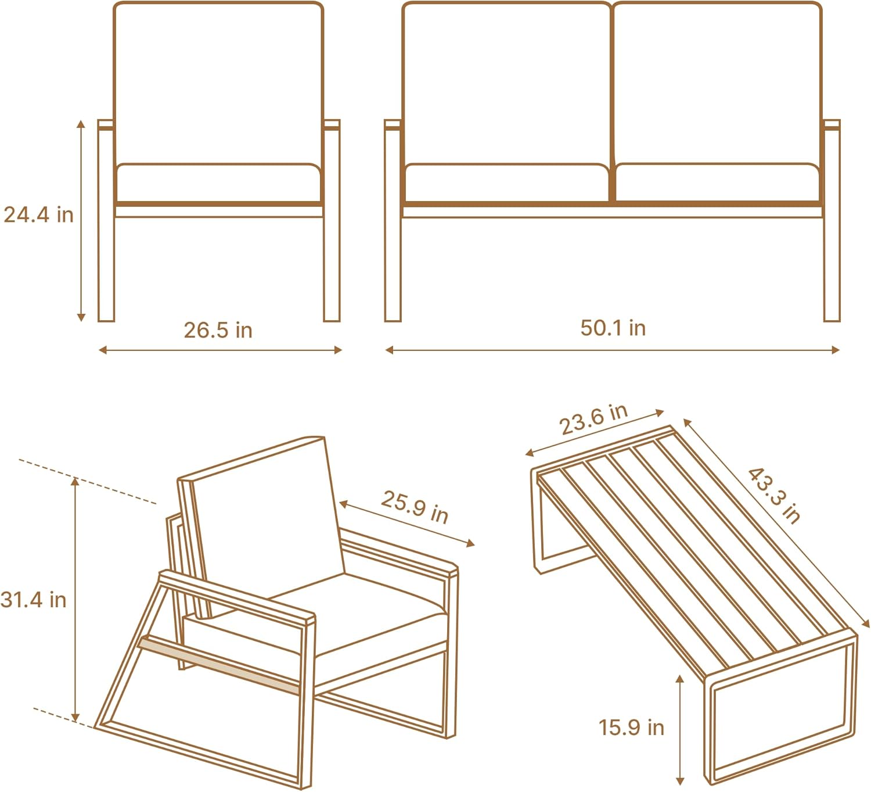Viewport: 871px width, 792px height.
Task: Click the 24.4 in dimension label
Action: pos(39,215)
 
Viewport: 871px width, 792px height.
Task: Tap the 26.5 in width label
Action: pos(218,330)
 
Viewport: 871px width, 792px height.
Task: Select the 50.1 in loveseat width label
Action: pos(613,328)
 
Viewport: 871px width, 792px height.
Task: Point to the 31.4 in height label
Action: pos(34,599)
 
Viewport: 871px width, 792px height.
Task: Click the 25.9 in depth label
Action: pos(414,507)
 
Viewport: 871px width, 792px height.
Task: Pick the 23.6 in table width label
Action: pos(593,419)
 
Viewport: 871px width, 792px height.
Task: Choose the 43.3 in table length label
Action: pos(775,495)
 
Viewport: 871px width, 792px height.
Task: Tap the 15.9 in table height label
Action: pos(631,727)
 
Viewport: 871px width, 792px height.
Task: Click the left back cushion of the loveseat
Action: pos(506,81)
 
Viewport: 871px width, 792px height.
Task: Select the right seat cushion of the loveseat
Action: pos(717,182)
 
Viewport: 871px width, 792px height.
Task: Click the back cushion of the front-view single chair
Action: pos(218,81)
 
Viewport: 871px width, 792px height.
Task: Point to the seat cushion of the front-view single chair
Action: pos(218,183)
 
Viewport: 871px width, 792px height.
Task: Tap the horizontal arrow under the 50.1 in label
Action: pos(613,350)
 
